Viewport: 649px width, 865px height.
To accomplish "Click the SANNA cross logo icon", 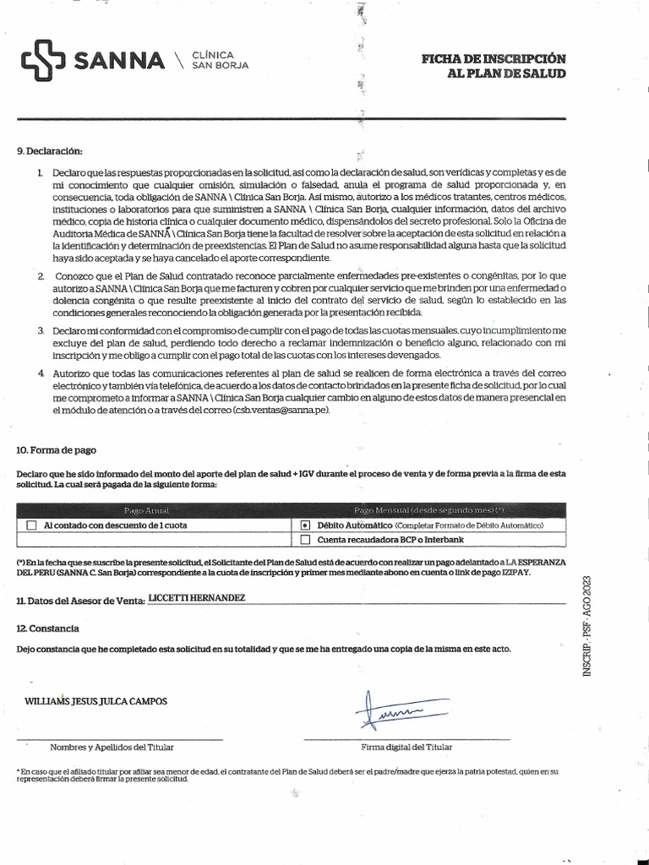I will pyautogui.click(x=43, y=62).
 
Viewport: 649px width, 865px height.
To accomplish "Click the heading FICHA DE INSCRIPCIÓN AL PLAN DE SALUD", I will pyautogui.click(x=494, y=66).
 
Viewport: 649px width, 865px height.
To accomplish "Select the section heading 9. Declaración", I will pyautogui.click(x=50, y=151).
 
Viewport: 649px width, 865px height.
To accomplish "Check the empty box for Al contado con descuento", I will pyautogui.click(x=32, y=525).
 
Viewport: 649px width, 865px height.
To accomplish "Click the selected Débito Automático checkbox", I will pyautogui.click(x=305, y=525).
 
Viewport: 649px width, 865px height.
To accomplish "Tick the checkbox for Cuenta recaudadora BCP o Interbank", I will pyautogui.click(x=305, y=539).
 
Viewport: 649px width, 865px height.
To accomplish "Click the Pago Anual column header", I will pyautogui.click(x=147, y=510).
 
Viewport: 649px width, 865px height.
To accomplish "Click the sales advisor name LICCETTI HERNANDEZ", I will pyautogui.click(x=196, y=597).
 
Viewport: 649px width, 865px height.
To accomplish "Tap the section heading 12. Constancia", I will pyautogui.click(x=48, y=628).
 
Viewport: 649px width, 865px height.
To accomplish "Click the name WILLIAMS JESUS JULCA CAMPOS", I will pyautogui.click(x=96, y=701).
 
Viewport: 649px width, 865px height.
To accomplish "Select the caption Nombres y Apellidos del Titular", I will pyautogui.click(x=112, y=747).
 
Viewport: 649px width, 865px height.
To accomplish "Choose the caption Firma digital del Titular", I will pyautogui.click(x=406, y=747).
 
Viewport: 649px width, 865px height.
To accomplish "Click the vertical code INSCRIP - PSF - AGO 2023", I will pyautogui.click(x=588, y=624).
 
